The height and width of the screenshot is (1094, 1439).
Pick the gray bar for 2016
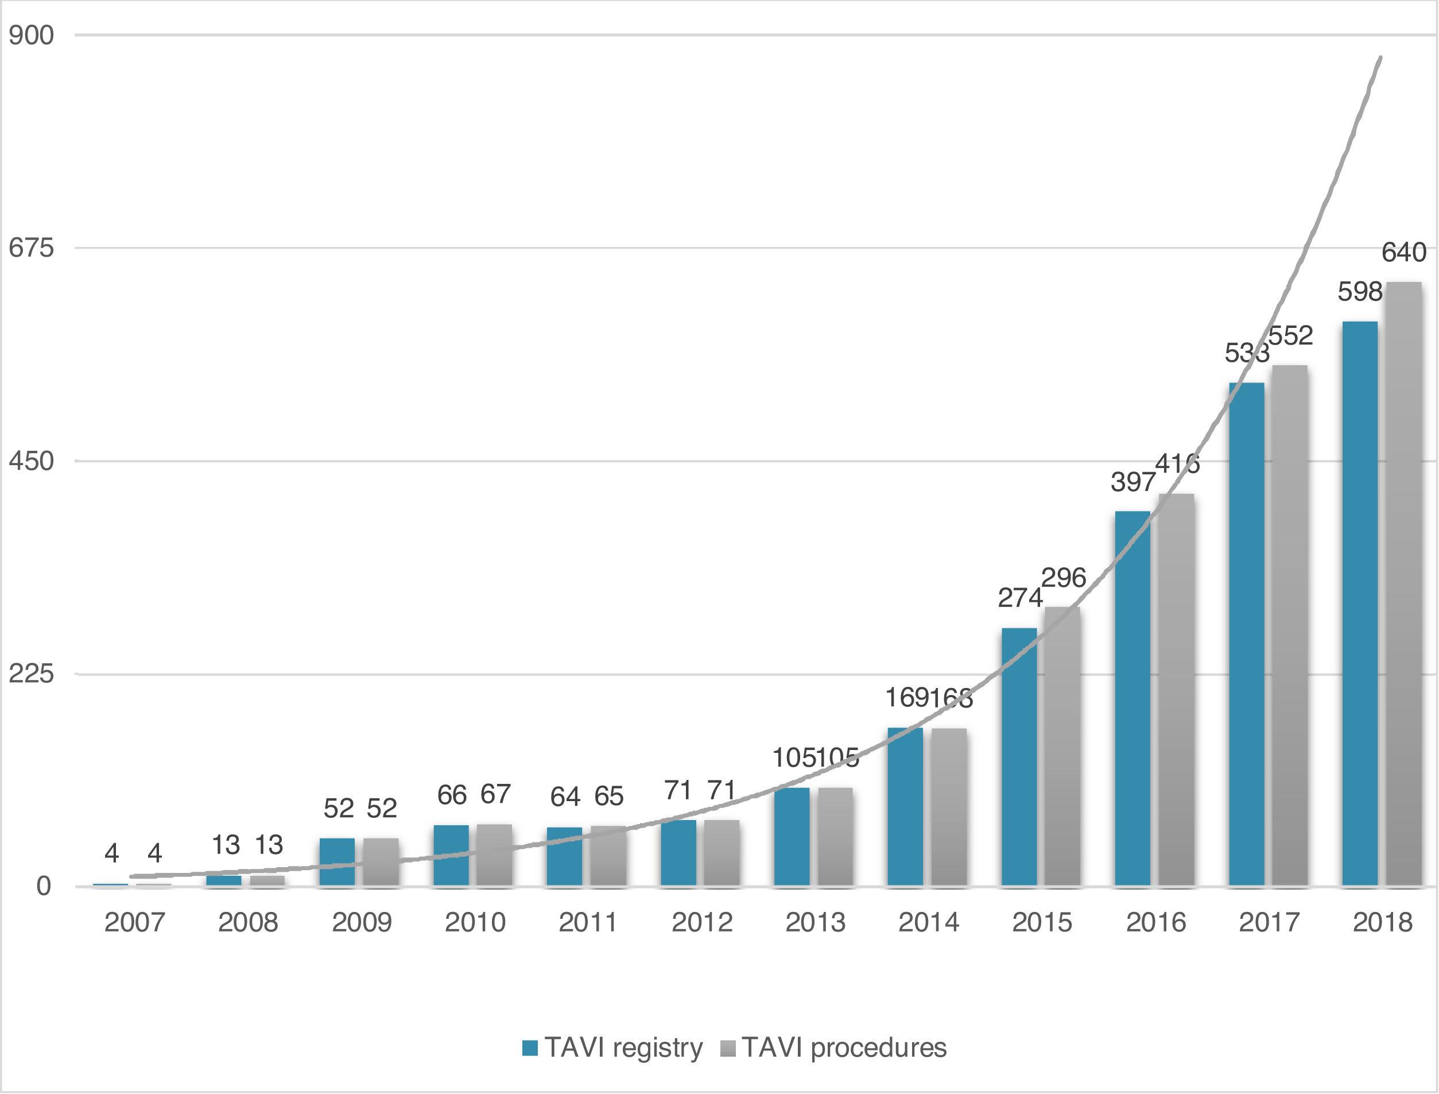(1176, 690)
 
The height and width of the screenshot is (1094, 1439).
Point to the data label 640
(1404, 253)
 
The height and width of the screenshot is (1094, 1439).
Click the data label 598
(1360, 292)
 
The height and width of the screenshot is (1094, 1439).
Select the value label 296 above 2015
(1064, 578)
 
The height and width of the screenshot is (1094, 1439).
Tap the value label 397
(1133, 482)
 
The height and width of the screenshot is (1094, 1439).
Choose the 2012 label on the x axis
(701, 922)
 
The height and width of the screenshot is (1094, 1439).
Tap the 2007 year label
(135, 922)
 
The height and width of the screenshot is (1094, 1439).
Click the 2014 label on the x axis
(929, 922)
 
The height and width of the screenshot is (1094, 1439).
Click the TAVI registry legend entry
(612, 1047)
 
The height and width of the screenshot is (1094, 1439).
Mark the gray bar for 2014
(948, 807)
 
